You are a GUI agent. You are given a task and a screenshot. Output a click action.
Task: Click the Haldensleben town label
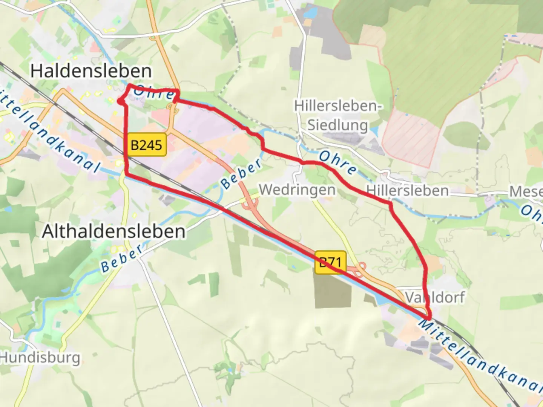(x=91, y=71)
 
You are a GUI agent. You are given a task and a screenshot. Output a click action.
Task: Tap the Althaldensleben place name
(x=114, y=231)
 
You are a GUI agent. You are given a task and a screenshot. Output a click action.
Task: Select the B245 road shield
(x=146, y=145)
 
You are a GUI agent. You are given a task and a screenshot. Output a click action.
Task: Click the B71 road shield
(x=330, y=262)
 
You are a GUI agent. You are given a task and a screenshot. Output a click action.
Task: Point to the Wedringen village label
(x=297, y=190)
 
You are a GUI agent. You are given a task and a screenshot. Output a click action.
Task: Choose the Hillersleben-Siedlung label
(x=338, y=115)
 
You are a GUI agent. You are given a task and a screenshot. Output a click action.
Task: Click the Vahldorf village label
(x=435, y=297)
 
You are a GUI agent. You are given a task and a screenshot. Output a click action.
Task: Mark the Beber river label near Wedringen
(x=241, y=174)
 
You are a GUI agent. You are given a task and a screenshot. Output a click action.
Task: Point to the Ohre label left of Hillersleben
(x=338, y=162)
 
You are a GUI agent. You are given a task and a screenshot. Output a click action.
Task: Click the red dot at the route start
(x=119, y=101)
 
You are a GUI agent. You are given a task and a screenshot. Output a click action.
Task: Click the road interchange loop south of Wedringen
(x=249, y=205)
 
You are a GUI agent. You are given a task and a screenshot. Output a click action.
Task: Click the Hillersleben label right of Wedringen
(x=408, y=191)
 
